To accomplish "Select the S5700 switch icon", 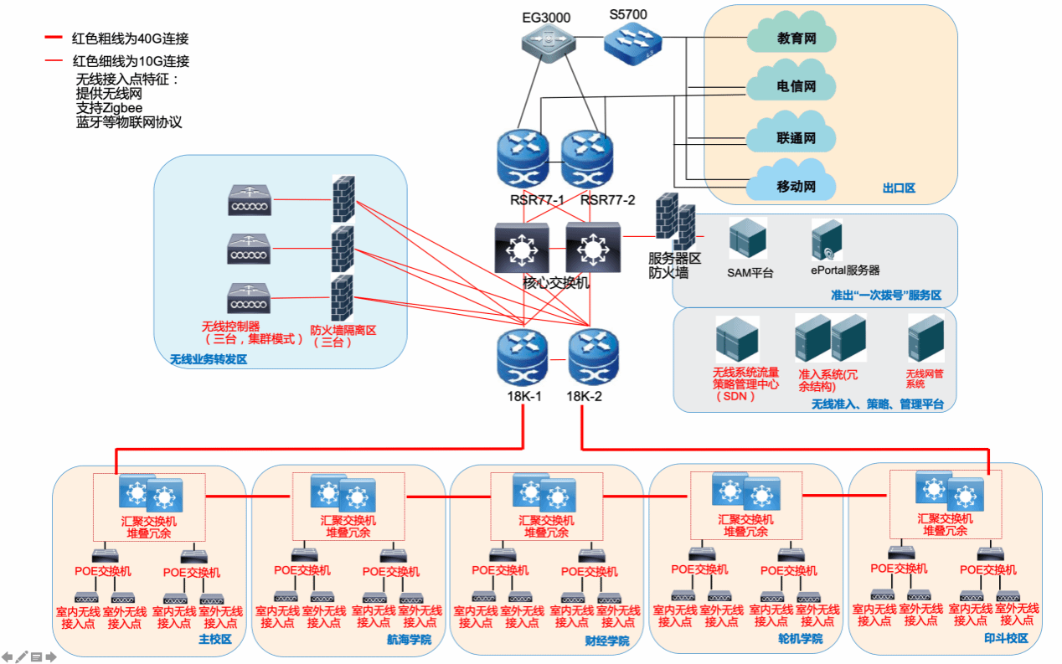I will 633,42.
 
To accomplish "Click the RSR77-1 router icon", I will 523,159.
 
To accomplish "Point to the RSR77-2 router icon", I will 587,159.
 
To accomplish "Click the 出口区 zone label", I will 899,188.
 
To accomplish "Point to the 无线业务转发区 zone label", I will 209,359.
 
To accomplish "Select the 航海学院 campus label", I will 409,640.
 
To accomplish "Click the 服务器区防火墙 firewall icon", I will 674,220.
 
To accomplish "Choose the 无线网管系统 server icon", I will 926,338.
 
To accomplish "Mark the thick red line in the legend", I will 54,39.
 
